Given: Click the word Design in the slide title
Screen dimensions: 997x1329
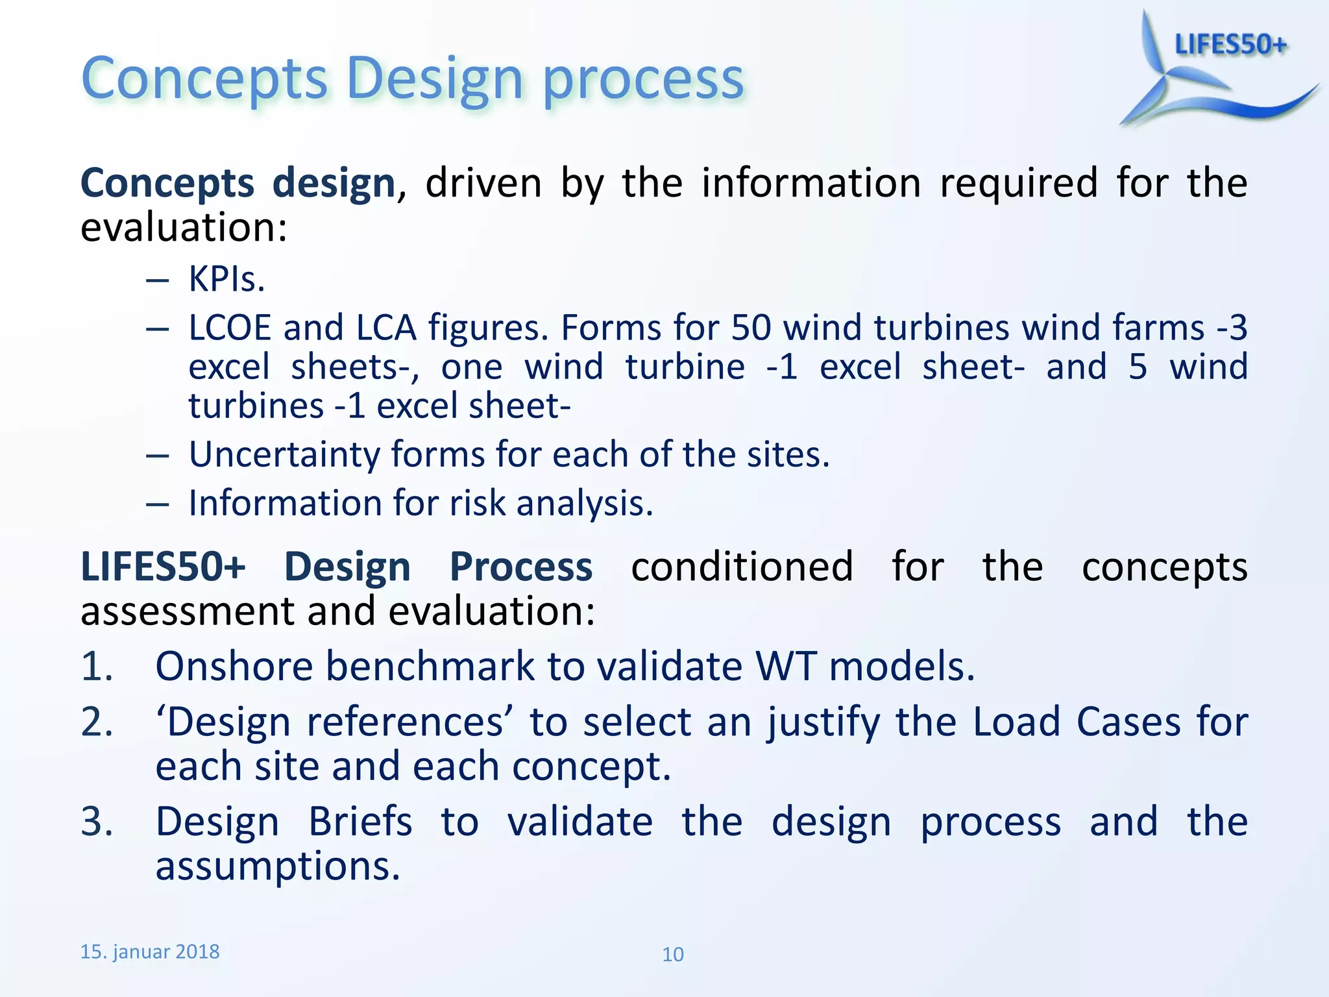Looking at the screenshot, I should [434, 79].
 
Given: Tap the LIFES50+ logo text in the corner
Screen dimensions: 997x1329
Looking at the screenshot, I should [1230, 45].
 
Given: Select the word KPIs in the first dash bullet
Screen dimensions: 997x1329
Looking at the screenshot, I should [226, 280].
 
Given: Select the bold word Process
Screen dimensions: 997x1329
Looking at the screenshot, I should [520, 567].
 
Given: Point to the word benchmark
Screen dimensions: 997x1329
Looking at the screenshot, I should [430, 666].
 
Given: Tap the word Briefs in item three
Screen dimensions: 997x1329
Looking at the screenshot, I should [360, 822].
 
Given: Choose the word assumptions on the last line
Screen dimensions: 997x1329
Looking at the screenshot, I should [277, 867].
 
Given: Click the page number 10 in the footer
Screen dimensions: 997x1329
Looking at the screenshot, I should [672, 954].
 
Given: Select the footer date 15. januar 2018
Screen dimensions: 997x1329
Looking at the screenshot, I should [149, 952].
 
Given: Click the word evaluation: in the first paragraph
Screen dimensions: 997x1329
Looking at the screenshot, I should [184, 228].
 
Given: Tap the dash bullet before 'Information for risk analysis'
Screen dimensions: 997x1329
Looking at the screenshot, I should [157, 504].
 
